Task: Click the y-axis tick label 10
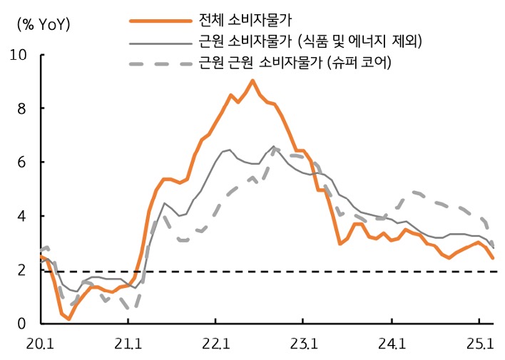[x=19, y=55]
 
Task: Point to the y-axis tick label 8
[x=22, y=108]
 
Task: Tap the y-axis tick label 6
[x=22, y=163]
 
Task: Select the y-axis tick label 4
[x=22, y=216]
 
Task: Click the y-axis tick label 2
[x=22, y=270]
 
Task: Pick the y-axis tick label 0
[x=22, y=324]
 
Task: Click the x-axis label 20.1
[x=40, y=345]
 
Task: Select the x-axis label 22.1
[x=216, y=345]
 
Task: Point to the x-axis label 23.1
[x=305, y=345]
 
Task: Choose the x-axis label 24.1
[x=393, y=345]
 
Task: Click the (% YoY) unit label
[x=44, y=24]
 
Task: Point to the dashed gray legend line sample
[x=158, y=65]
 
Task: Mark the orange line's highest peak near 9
[x=252, y=81]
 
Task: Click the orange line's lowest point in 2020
[x=68, y=319]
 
